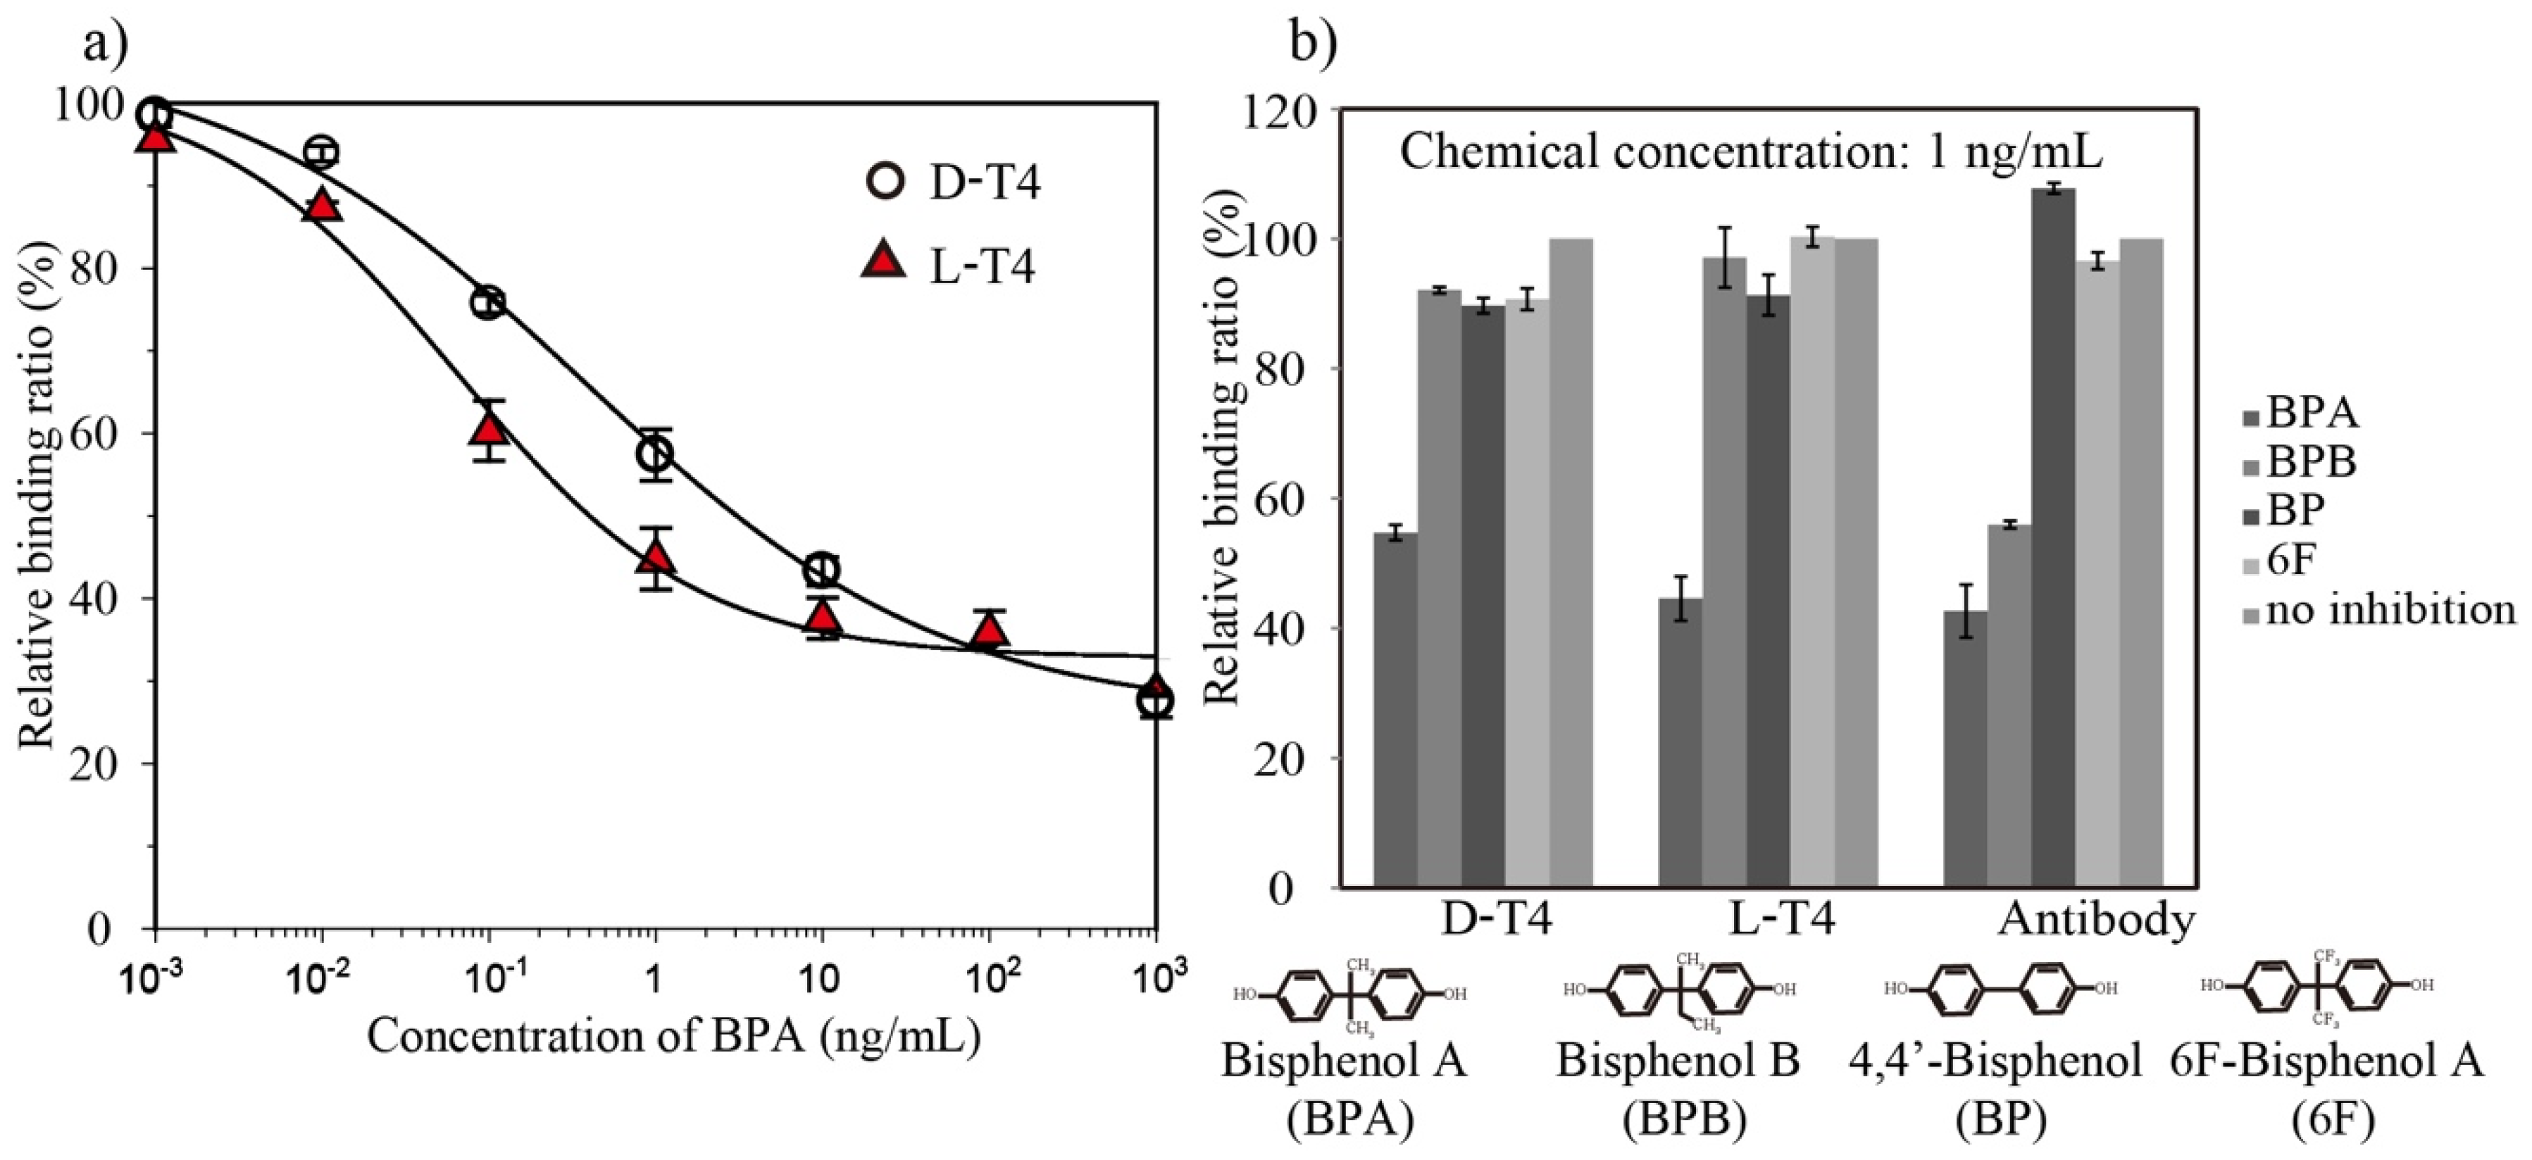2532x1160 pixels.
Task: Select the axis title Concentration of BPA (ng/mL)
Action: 674,1035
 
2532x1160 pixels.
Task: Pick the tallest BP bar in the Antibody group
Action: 2053,537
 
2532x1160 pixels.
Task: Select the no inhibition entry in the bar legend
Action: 2388,609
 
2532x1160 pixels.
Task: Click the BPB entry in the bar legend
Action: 2310,462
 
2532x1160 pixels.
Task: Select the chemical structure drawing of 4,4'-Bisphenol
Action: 2001,988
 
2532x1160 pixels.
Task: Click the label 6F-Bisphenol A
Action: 2328,1061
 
